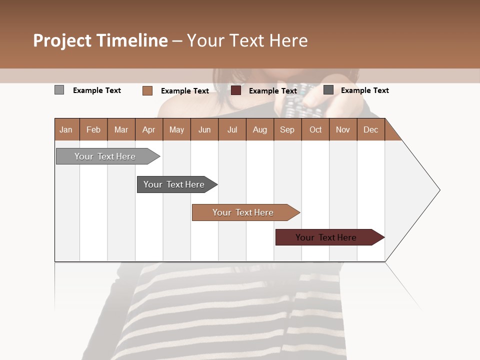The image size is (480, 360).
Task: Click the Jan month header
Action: click(x=66, y=129)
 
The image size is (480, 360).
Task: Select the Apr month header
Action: click(x=149, y=129)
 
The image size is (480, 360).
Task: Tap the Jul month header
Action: click(x=232, y=129)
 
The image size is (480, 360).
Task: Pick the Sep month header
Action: click(x=287, y=129)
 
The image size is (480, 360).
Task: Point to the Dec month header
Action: click(x=370, y=129)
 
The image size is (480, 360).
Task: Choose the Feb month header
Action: click(x=93, y=129)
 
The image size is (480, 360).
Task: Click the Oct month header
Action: click(x=315, y=129)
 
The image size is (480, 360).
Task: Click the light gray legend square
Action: click(x=59, y=90)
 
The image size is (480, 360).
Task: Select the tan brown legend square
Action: click(x=147, y=90)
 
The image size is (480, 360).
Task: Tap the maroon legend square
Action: click(x=236, y=90)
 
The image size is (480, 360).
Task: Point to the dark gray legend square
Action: click(x=328, y=90)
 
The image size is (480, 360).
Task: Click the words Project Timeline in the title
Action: click(x=100, y=40)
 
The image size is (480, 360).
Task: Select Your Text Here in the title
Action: click(x=247, y=40)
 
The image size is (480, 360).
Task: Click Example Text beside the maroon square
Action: click(x=273, y=90)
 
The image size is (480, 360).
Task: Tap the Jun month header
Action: click(x=204, y=129)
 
